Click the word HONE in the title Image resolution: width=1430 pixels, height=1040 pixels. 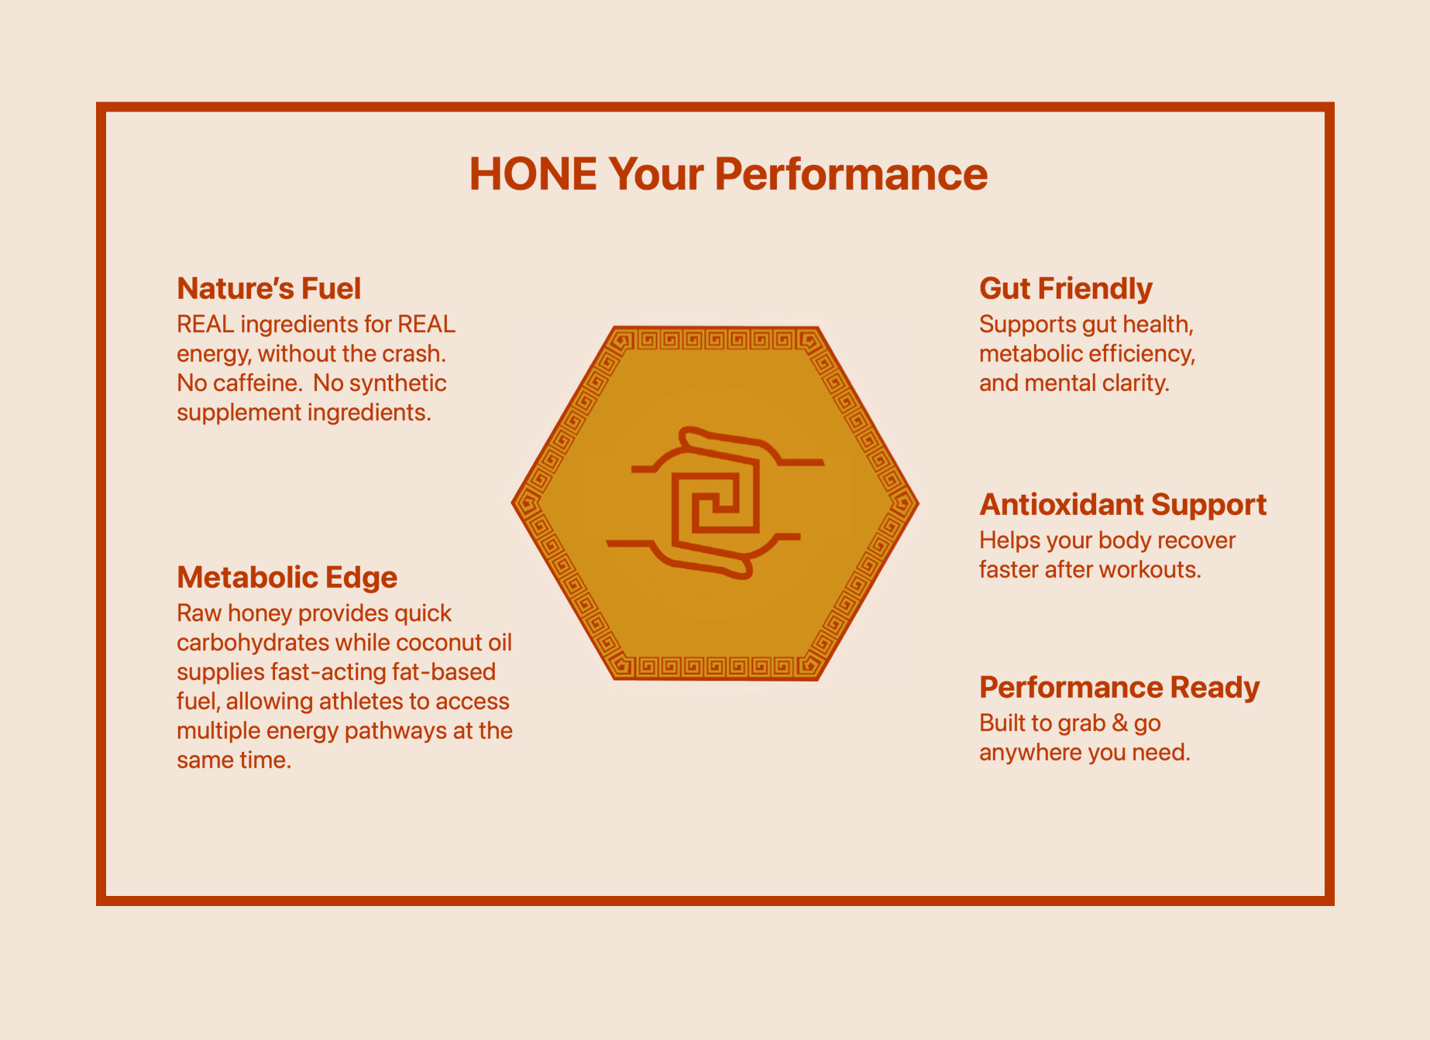(x=533, y=174)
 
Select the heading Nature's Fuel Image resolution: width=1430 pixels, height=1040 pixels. (x=269, y=289)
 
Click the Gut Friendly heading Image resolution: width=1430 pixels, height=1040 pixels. (x=1066, y=289)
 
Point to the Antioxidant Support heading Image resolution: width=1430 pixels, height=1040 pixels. (x=1123, y=505)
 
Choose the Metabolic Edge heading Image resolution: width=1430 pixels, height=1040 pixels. (x=287, y=578)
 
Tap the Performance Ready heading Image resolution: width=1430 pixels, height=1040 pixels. (x=1119, y=688)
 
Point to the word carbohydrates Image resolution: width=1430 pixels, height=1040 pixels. (x=253, y=644)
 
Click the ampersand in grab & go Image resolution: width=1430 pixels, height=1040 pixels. (x=1119, y=724)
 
